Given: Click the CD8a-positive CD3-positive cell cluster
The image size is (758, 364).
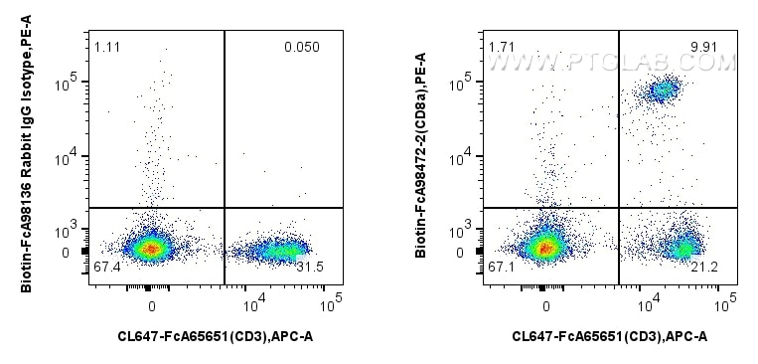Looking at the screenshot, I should tap(662, 91).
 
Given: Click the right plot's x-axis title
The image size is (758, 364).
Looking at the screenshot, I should tap(609, 337).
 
